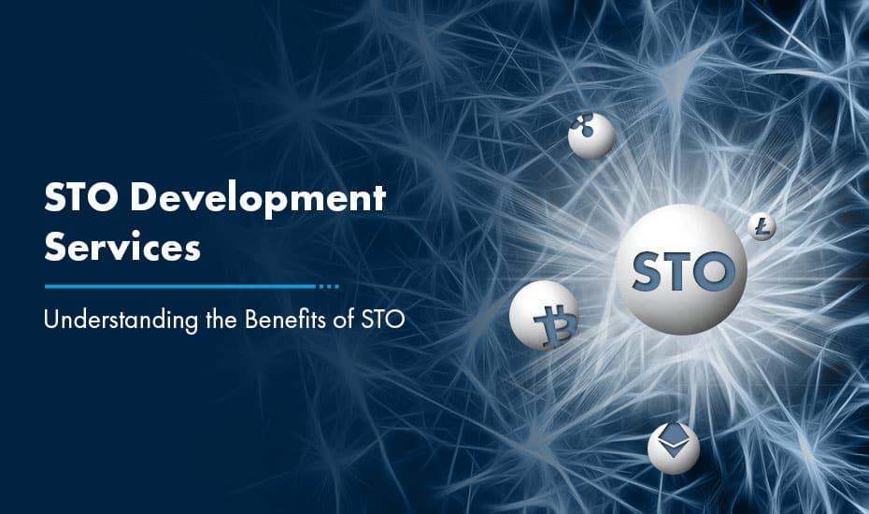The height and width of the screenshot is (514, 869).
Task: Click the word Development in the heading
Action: (x=258, y=198)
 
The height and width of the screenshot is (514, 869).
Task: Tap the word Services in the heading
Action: (x=122, y=247)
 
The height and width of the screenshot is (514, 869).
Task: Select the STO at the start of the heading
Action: (x=81, y=197)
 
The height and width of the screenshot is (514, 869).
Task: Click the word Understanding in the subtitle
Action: (x=121, y=321)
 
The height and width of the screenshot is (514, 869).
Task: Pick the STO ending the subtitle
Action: (x=383, y=320)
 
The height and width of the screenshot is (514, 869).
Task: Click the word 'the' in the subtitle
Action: (x=221, y=320)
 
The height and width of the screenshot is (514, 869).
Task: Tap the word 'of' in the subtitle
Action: (x=344, y=320)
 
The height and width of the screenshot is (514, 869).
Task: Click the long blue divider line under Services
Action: (x=180, y=287)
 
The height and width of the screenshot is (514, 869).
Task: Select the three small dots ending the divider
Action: (x=329, y=287)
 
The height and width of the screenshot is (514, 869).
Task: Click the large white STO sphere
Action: (x=682, y=269)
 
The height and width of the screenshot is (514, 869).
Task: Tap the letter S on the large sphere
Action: (x=648, y=272)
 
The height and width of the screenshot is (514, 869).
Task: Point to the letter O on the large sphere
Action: (x=715, y=271)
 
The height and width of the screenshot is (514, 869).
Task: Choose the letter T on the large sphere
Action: (x=678, y=271)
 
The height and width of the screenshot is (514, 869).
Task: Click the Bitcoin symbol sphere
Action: (x=545, y=315)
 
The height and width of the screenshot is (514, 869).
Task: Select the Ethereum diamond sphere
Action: (x=674, y=449)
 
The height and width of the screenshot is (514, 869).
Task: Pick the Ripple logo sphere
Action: (x=591, y=136)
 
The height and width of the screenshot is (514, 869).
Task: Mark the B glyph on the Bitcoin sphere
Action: (x=555, y=326)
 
